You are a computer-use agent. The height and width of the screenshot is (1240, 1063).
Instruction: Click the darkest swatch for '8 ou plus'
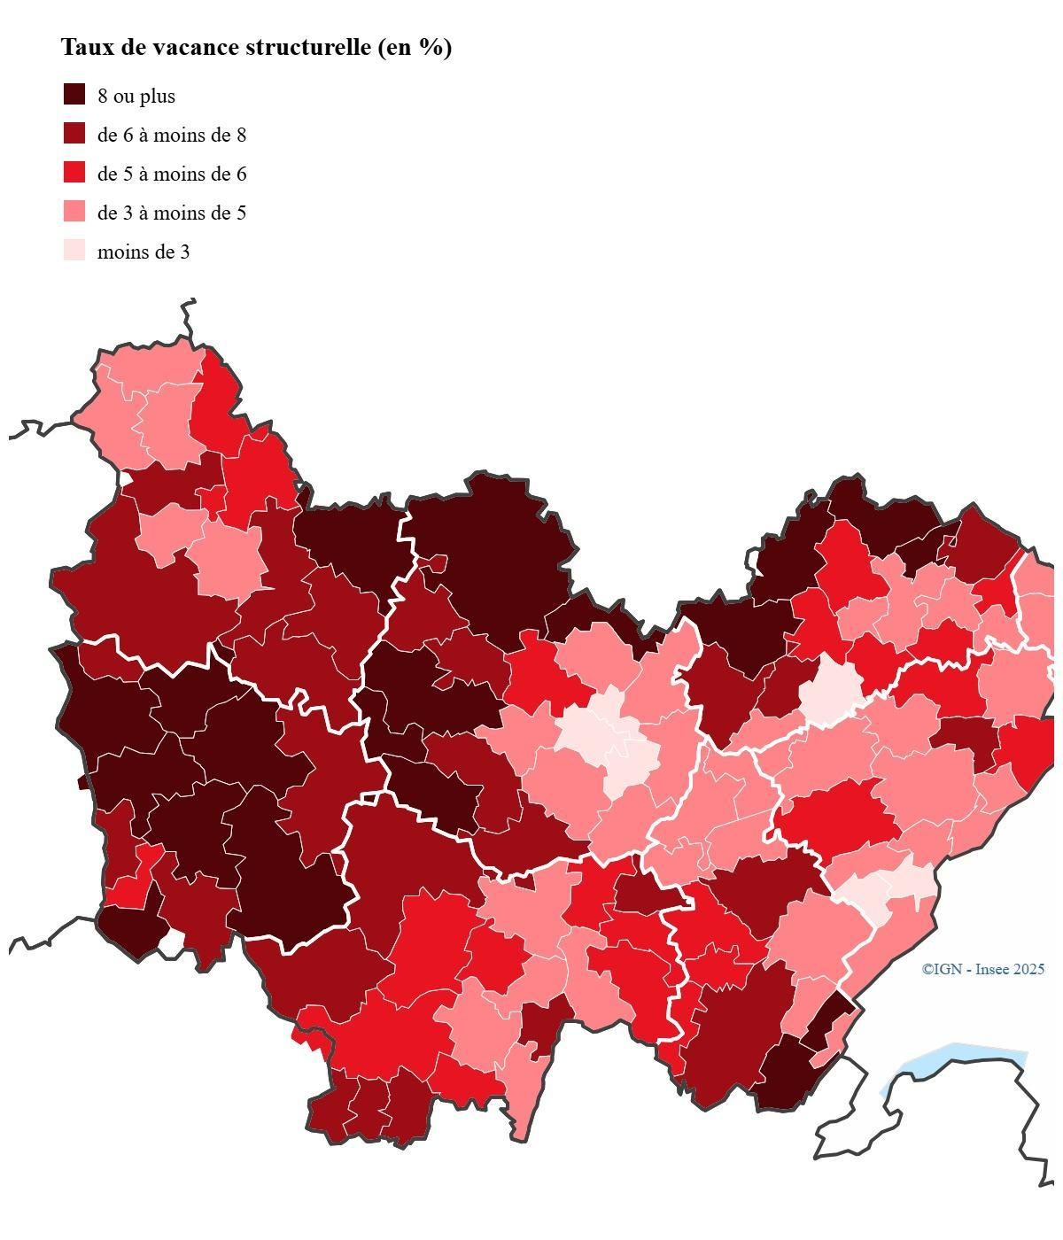point(74,95)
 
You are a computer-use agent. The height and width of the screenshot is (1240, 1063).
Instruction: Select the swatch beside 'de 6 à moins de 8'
point(74,134)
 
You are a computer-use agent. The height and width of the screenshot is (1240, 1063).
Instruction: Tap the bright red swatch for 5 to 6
point(74,173)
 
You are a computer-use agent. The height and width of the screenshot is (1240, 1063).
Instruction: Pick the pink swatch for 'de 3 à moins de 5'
point(74,212)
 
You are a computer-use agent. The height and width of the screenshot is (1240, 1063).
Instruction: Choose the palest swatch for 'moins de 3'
point(74,251)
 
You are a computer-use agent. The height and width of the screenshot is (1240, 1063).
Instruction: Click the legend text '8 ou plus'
point(136,97)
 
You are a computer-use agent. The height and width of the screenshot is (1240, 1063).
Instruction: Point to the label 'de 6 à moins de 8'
point(172,136)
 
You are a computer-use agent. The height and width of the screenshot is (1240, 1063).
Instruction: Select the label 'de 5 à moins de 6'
point(172,174)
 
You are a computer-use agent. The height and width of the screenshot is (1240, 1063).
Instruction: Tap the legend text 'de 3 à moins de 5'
point(172,213)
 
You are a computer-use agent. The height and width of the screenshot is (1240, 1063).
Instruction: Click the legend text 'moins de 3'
point(144,252)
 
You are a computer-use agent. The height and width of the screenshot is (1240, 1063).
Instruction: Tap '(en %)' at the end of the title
point(415,48)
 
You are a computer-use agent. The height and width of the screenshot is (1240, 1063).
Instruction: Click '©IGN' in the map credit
point(941,970)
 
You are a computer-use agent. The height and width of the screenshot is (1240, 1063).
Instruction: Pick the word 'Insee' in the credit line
point(992,970)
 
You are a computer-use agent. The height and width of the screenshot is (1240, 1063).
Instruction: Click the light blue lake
point(957,1059)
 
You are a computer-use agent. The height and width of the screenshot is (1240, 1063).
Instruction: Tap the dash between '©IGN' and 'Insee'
point(968,970)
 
